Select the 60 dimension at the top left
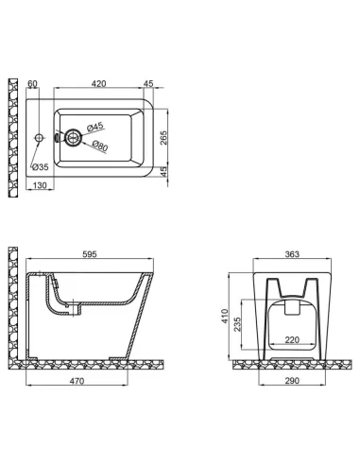point(33,83)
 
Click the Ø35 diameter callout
point(40,167)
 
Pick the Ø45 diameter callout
point(94,127)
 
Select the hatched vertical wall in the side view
point(12,302)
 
